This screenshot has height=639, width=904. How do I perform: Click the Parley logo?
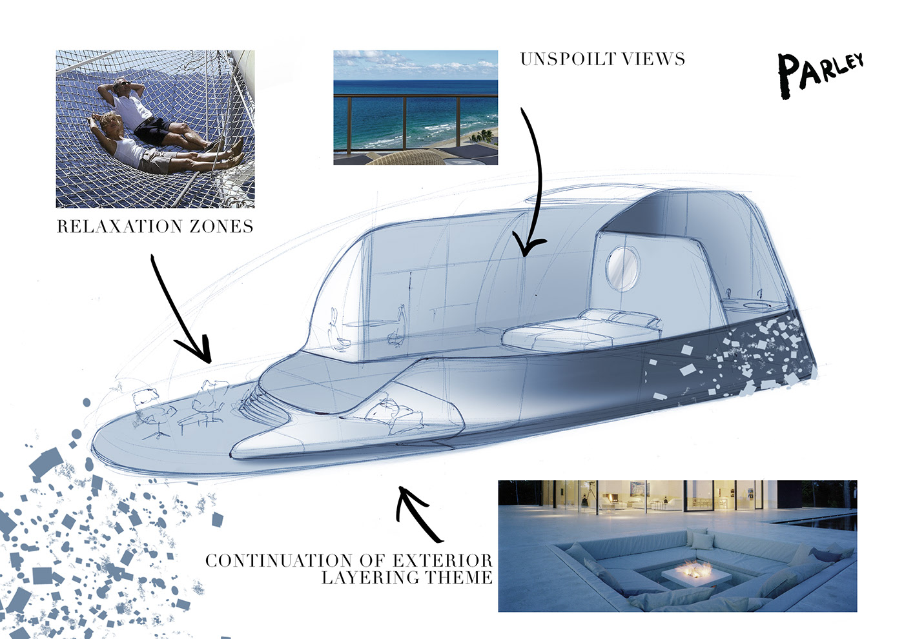point(819,73)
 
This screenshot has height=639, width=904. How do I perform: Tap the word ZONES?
point(221,227)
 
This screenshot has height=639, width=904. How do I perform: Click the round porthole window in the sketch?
point(622,267)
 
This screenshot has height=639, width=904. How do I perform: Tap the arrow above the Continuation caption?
point(417,513)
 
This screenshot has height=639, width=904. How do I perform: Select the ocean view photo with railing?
point(415,107)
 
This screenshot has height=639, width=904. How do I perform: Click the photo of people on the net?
point(155,128)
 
